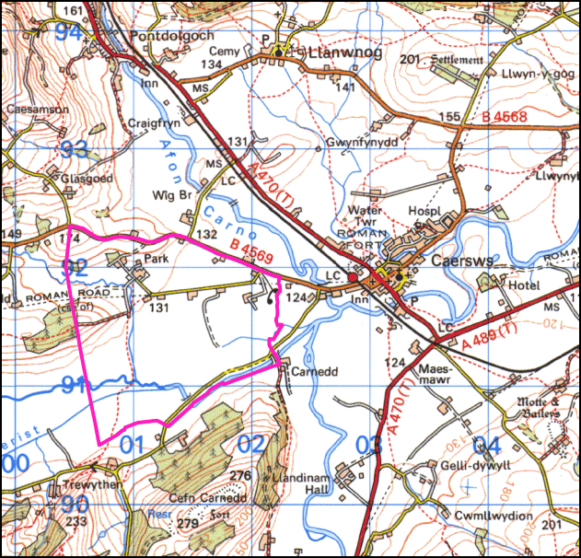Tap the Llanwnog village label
pyautogui.click(x=335, y=52)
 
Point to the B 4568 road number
pyautogui.click(x=504, y=117)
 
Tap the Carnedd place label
pyautogui.click(x=308, y=373)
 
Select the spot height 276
pyautogui.click(x=241, y=475)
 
